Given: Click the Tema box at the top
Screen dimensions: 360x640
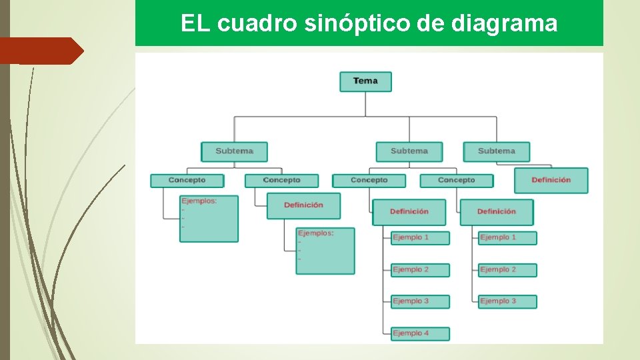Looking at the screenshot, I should click(x=365, y=81).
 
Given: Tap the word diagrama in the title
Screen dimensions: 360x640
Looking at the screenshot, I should click(x=504, y=24).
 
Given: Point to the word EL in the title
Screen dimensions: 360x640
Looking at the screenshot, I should click(x=195, y=24).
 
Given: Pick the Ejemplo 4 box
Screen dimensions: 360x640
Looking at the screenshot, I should click(x=420, y=333).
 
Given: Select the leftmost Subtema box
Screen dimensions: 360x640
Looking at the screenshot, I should click(x=235, y=151).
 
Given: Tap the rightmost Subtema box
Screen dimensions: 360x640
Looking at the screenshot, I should click(x=497, y=151).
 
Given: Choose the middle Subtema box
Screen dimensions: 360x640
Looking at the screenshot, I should click(x=409, y=151).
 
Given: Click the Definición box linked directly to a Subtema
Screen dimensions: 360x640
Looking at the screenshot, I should click(x=551, y=180).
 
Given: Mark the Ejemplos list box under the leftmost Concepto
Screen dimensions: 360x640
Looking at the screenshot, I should click(x=209, y=218).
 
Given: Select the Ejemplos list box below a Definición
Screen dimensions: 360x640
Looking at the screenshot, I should click(x=325, y=251).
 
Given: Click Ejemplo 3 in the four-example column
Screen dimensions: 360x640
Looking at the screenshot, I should click(x=420, y=301).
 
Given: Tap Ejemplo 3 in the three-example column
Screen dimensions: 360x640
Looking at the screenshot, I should click(x=507, y=301).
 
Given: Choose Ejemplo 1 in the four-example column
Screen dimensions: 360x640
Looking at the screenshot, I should click(x=420, y=237).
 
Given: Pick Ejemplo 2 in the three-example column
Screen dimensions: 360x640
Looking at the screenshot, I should click(x=507, y=270).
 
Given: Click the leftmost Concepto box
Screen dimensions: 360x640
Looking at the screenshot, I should click(x=187, y=181).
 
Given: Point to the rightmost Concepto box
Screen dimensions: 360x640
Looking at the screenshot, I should click(x=457, y=181).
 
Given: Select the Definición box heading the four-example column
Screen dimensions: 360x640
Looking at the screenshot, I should click(x=409, y=212).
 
